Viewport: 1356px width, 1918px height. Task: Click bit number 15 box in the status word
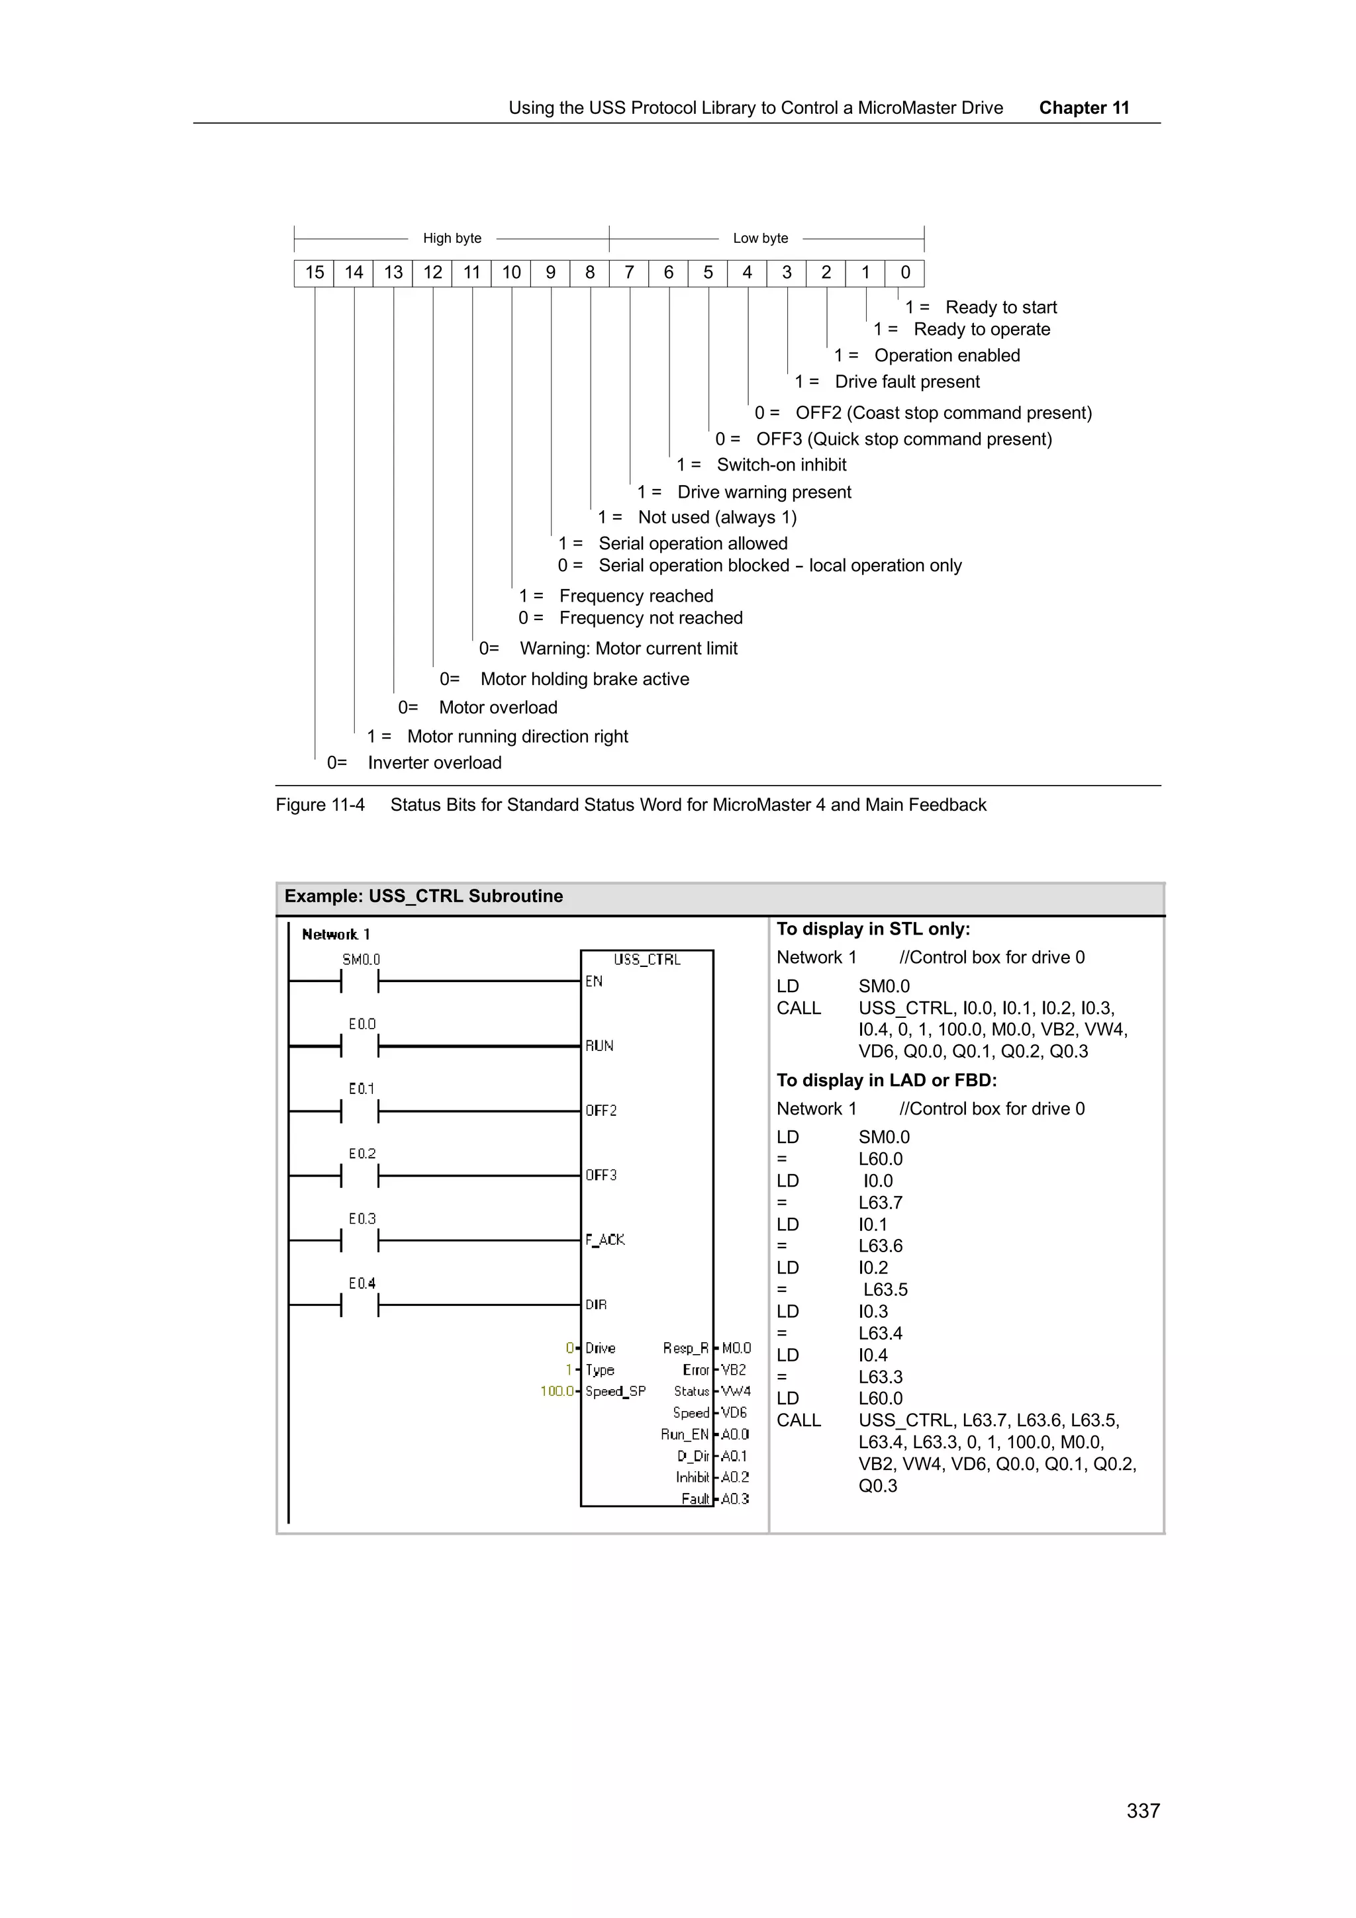coord(314,272)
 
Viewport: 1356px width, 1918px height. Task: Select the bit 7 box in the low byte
coord(629,272)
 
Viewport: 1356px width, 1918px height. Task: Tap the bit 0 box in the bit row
coord(905,272)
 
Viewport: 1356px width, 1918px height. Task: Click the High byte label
coord(452,238)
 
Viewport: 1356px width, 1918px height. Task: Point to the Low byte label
coord(760,238)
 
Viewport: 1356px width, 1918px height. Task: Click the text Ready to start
coord(1001,307)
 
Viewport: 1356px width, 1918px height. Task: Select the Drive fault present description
coord(906,382)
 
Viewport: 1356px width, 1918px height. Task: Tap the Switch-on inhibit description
coord(781,465)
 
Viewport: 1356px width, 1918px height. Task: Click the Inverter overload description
coord(434,762)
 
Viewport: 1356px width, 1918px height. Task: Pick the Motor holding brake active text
coord(585,679)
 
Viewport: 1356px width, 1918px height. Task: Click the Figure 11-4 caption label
coord(320,804)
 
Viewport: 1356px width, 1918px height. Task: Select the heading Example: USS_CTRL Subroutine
coord(424,896)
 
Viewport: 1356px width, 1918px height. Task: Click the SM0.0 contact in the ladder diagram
coord(360,981)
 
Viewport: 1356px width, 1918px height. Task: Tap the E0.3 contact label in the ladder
coord(362,1219)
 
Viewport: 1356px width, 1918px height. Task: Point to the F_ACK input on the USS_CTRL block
coord(605,1240)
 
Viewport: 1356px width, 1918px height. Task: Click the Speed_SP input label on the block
coord(615,1391)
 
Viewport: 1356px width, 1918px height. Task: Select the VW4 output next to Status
coord(736,1391)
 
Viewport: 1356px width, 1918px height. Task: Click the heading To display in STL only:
coord(873,929)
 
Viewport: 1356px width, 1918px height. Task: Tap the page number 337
coord(1143,1810)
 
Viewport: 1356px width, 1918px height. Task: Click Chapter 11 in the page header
coord(1084,108)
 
